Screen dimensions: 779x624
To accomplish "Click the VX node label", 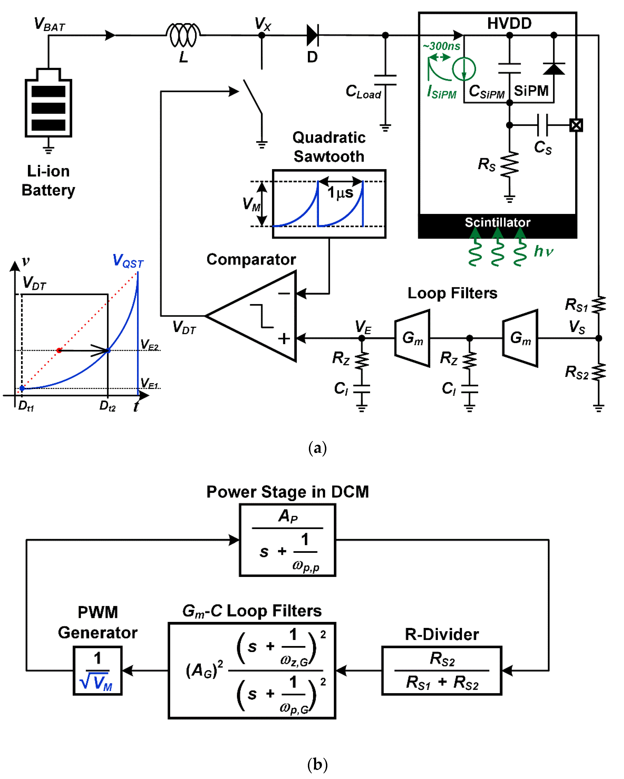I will (263, 24).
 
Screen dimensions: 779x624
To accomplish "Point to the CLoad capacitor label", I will (363, 91).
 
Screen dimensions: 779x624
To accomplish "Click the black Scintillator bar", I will (497, 226).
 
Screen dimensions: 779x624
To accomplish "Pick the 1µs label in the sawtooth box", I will (340, 193).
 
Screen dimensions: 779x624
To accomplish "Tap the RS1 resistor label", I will (576, 305).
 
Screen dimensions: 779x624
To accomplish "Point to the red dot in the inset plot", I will (59, 350).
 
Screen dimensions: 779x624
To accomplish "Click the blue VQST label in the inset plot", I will (128, 261).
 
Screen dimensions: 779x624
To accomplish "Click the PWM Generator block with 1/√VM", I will (98, 670).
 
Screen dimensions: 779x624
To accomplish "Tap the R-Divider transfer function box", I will (441, 670).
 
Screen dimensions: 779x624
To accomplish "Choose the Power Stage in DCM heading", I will (288, 492).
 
